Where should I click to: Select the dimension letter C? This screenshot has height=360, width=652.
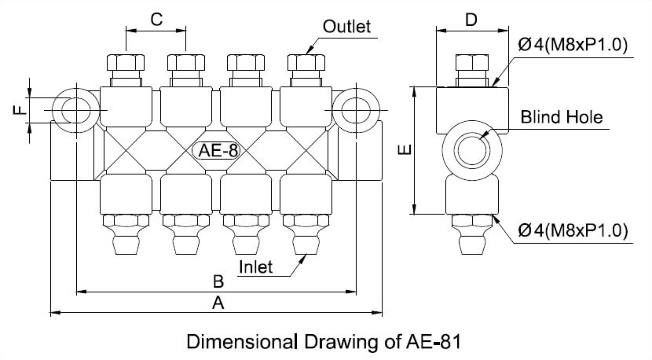pos(156,20)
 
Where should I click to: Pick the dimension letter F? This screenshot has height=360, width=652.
pos(20,109)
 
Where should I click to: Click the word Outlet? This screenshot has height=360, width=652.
pos(346,27)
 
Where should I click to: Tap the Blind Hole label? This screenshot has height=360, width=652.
pos(562,117)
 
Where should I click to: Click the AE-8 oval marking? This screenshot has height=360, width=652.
pos(218,150)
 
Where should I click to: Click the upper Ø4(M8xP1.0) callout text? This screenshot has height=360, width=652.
pos(573,46)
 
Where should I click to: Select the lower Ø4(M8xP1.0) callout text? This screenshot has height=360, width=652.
pos(573,230)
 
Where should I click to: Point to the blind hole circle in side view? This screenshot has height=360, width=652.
pos(471,149)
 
